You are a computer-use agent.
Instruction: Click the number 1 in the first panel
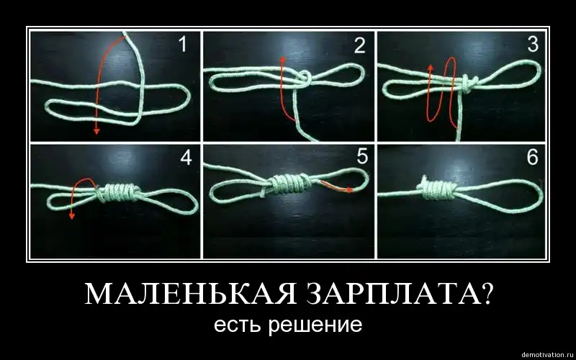[183, 44]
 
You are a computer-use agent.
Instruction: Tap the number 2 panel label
[359, 46]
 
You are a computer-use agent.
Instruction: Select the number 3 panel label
[533, 44]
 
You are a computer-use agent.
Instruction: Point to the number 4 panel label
[186, 158]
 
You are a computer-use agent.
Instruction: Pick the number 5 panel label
[362, 156]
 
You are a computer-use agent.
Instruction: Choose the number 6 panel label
[532, 157]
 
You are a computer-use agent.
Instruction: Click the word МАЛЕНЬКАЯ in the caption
[190, 294]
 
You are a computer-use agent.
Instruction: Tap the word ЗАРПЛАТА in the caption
[399, 294]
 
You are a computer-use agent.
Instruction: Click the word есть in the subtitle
[238, 325]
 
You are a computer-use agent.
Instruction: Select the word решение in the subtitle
[315, 326]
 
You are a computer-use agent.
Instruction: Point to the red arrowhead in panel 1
[96, 130]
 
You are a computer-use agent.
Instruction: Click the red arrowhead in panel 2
[282, 60]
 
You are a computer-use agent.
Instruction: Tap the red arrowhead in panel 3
[431, 68]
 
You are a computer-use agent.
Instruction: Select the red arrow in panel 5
[337, 186]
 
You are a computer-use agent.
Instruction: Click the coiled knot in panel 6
[438, 189]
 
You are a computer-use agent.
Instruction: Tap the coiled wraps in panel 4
[118, 192]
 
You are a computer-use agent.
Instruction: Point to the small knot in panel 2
[305, 78]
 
